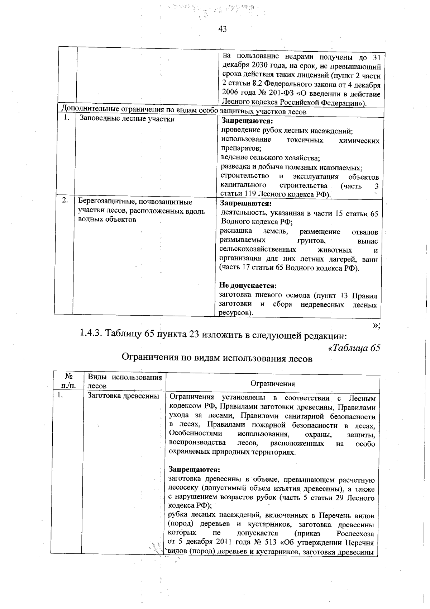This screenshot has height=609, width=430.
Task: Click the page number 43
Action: [222, 29]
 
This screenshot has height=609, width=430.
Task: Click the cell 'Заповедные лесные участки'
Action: [126, 119]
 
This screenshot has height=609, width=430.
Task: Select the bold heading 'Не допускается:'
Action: [248, 286]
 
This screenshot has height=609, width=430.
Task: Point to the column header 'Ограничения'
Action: [273, 384]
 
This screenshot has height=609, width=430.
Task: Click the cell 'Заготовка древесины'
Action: [123, 396]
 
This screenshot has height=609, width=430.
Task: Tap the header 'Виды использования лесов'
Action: [124, 382]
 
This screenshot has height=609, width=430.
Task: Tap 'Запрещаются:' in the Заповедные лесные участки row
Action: [242, 122]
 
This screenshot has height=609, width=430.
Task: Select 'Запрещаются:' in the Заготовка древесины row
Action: [194, 470]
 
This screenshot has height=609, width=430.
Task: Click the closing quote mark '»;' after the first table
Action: [376, 325]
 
